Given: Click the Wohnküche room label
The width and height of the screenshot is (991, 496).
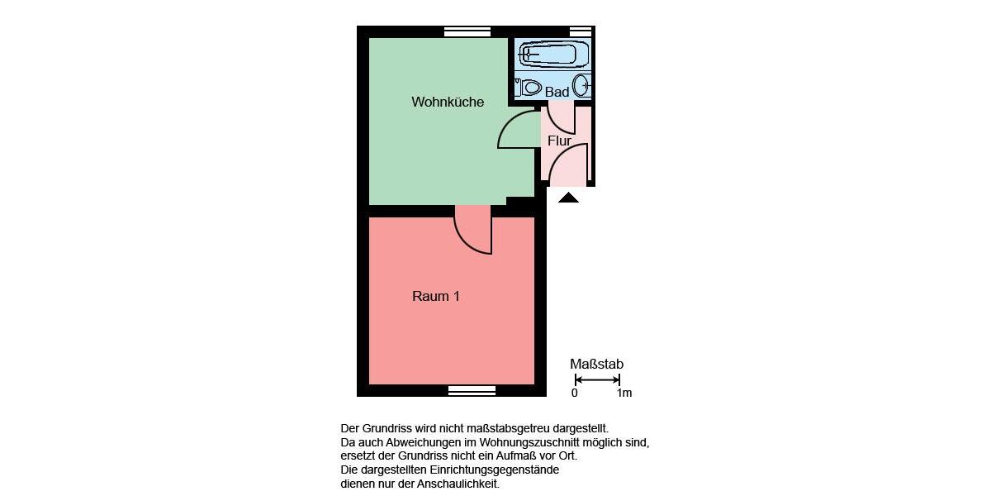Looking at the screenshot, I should point(448,103).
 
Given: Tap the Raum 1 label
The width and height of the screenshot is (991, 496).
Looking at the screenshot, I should point(435,296).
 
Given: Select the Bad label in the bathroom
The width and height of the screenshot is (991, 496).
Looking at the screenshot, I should point(557,92).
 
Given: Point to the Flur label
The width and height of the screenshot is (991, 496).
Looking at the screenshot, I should point(559,141).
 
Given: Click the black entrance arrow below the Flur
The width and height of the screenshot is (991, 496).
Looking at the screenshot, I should point(568,198).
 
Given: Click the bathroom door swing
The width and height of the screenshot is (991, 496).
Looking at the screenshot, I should point(562,117).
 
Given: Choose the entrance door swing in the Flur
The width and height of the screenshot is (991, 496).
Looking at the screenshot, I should point(570,165).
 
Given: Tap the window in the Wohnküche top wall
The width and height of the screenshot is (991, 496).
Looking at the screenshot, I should point(467,32).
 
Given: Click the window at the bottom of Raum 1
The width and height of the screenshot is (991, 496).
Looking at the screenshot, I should point(472,390).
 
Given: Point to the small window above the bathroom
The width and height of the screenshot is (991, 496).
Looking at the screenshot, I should point(581,32).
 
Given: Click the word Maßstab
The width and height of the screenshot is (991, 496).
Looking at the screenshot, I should point(596,364).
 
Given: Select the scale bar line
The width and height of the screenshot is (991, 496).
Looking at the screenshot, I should point(597,379).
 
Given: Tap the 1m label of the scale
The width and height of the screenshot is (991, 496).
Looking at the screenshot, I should point(624,393).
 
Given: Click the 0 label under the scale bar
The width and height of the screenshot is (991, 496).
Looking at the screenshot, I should point(575,393).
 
